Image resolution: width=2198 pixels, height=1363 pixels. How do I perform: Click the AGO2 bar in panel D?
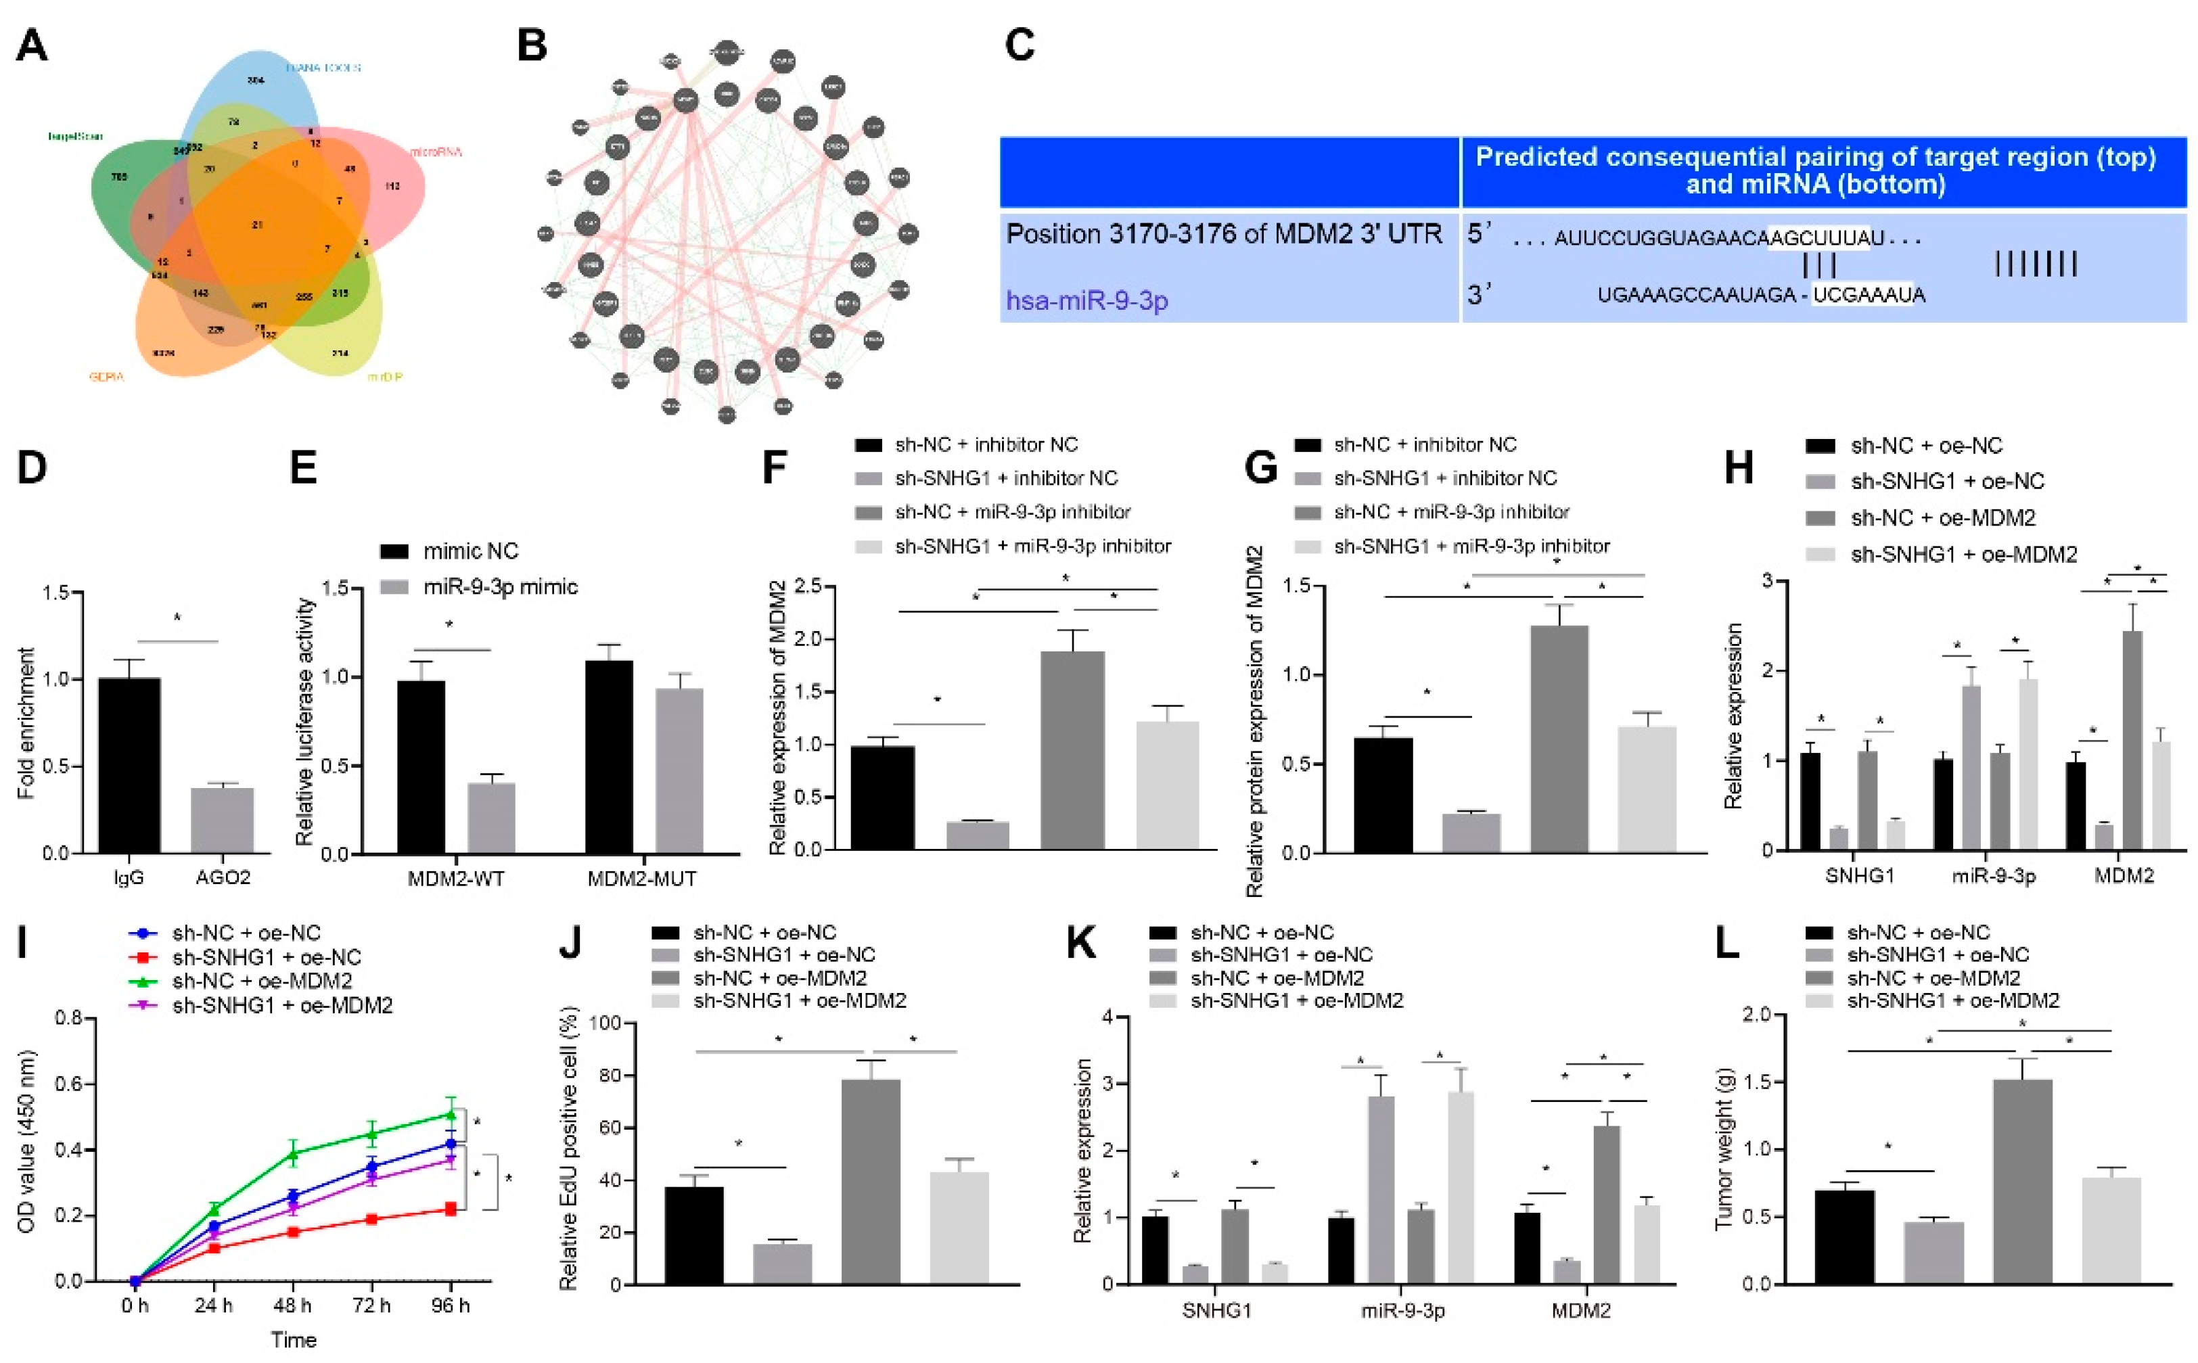(222, 821)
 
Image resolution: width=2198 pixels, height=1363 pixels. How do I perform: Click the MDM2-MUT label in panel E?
(642, 878)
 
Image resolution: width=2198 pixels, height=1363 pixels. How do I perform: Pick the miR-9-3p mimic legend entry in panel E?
(499, 587)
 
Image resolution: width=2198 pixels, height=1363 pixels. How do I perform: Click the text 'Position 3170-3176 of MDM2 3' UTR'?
(1223, 234)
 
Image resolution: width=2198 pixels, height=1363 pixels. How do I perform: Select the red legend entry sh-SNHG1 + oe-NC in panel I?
(266, 956)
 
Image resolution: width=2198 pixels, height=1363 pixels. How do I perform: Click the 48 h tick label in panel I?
(292, 1306)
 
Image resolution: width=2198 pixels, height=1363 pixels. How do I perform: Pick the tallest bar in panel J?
(870, 1181)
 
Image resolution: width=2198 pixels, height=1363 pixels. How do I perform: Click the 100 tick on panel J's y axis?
(606, 1023)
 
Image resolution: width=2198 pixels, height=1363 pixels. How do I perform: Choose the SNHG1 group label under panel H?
(1859, 875)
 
